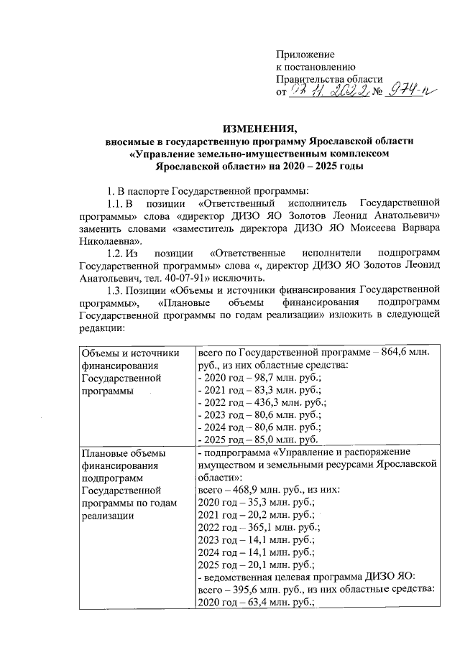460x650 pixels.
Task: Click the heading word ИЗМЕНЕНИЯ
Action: [x=259, y=129]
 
